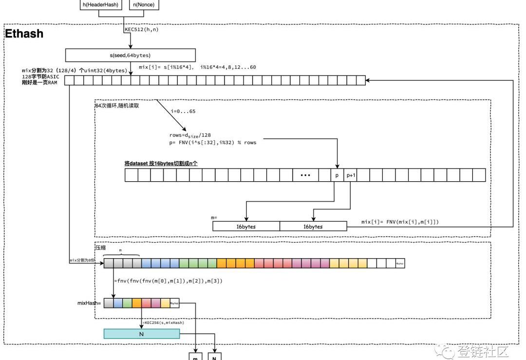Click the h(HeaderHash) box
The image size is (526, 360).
click(101, 5)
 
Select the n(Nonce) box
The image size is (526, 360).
click(144, 5)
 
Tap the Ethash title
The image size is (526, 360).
click(24, 34)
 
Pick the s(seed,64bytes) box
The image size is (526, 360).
click(130, 55)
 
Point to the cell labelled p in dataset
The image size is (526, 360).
click(337, 175)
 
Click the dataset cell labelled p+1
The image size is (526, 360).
click(350, 175)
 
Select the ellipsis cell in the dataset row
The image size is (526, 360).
click(306, 175)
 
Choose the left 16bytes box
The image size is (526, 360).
click(246, 226)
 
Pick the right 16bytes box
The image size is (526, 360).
click(313, 226)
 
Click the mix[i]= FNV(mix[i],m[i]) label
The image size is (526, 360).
click(399, 222)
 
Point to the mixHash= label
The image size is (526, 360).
click(89, 303)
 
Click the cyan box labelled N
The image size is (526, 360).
click(141, 334)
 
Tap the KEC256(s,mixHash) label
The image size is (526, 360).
click(164, 322)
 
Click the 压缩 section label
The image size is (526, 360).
click(101, 247)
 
